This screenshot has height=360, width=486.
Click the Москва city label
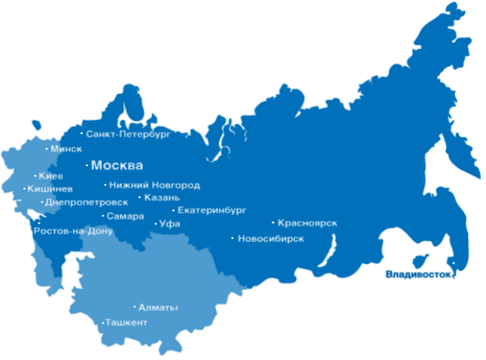point(117,165)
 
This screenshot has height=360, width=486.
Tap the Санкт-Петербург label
point(129,134)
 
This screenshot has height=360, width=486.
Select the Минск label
point(66,149)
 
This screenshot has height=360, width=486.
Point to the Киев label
point(50,176)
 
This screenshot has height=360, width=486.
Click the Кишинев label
point(50,189)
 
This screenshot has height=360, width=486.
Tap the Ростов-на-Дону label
point(73,231)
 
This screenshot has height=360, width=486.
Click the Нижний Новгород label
point(154,185)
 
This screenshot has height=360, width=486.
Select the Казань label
point(162,198)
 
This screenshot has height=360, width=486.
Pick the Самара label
point(125,216)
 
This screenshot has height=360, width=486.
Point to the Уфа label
point(170,224)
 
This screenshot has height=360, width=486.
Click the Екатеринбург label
point(212,210)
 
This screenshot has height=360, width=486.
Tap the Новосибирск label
point(271,239)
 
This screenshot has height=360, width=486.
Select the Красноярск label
point(307,222)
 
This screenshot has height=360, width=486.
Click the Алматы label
point(159,307)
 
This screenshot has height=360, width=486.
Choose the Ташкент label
point(126,322)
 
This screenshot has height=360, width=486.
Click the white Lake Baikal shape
point(329,250)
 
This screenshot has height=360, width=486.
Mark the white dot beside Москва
point(87,165)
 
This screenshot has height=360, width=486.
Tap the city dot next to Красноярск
point(273,222)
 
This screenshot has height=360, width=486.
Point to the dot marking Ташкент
point(102,323)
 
